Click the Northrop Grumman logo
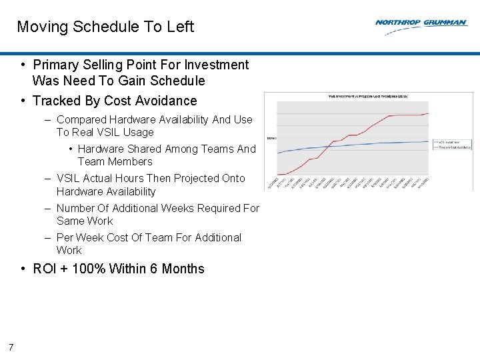(x=421, y=23)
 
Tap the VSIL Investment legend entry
(x=453, y=142)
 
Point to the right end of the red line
(x=427, y=114)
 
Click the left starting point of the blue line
(x=278, y=153)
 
